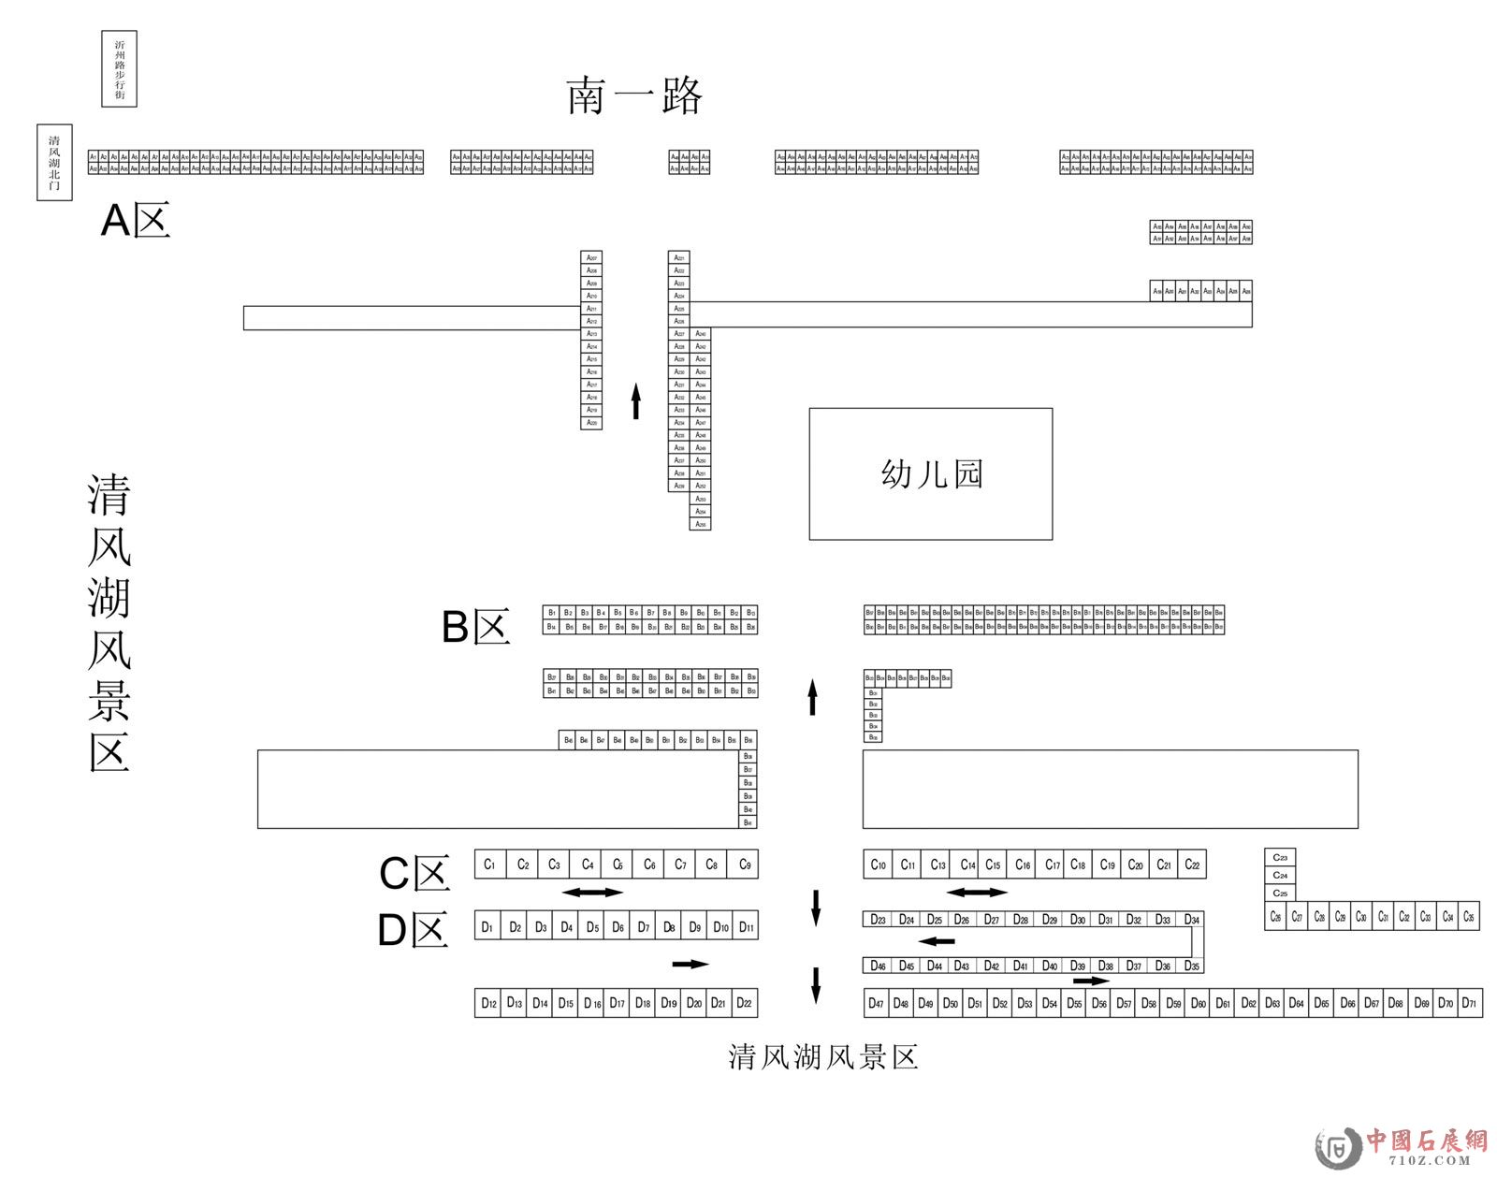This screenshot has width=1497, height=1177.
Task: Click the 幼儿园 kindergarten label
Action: coord(931,473)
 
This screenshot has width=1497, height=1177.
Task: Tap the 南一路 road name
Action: coord(634,95)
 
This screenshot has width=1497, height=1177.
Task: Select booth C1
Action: coord(489,865)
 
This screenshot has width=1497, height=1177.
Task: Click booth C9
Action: coord(745,865)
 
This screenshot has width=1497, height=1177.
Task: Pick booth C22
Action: coord(1192,865)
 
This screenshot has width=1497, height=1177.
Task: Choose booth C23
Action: coord(1280,857)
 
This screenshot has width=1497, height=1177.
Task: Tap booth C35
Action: coord(1469,917)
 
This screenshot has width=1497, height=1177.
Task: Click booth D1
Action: coord(487,927)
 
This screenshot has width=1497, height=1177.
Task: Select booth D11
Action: coord(746,927)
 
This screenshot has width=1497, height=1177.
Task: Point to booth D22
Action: coord(744,1003)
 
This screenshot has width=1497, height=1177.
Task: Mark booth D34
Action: coord(1191,920)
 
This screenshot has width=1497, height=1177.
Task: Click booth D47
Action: coord(876,1004)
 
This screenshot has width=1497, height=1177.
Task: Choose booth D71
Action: coord(1469,1003)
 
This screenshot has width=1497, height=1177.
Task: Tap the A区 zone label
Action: coord(136,222)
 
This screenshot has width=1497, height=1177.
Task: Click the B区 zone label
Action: coord(475,627)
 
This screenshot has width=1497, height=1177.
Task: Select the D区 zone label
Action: coord(413,930)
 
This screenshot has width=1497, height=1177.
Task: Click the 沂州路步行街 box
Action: coord(119,69)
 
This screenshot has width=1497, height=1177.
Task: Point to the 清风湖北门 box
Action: coord(54,163)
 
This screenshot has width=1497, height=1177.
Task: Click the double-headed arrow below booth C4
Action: coord(592,892)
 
